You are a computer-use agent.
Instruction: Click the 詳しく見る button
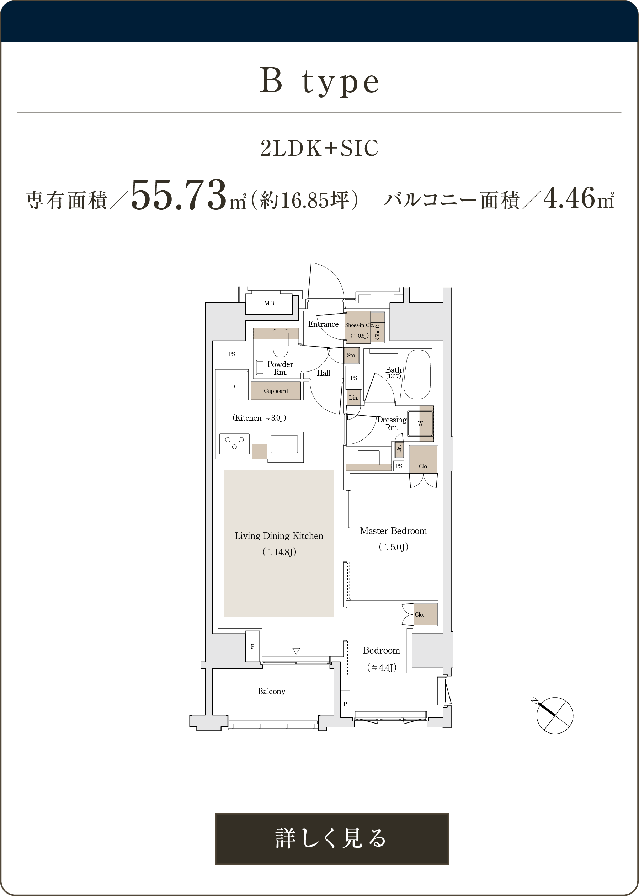332,838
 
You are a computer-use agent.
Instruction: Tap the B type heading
319,81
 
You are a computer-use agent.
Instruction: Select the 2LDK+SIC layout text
319,148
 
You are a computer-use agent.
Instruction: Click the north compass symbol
554,715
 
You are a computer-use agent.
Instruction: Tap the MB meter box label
269,303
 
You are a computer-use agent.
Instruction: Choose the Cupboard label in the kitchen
276,391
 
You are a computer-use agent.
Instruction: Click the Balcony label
272,691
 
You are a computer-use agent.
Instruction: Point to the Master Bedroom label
394,531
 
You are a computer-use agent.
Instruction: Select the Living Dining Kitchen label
279,536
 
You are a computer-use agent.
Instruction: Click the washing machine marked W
420,423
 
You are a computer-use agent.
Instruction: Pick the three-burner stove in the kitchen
234,444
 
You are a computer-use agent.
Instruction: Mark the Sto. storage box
351,355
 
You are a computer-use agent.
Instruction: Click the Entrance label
324,324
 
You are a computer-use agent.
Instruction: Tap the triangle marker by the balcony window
296,651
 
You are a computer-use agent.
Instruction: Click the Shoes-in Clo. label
359,325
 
